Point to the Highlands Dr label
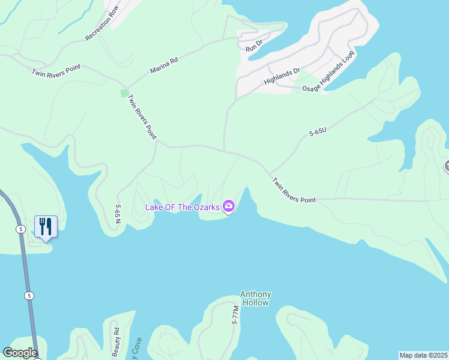pyautogui.click(x=282, y=76)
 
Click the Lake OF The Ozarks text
pyautogui.click(x=182, y=207)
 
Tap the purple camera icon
pyautogui.click(x=229, y=207)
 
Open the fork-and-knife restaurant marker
pyautogui.click(x=46, y=227)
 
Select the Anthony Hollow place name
pyautogui.click(x=256, y=298)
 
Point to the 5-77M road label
pyautogui.click(x=235, y=316)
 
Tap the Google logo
pyautogui.click(x=20, y=353)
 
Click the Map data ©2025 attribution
pyautogui.click(x=424, y=355)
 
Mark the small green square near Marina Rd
pyautogui.click(x=124, y=93)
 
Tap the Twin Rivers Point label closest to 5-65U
pyautogui.click(x=294, y=189)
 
